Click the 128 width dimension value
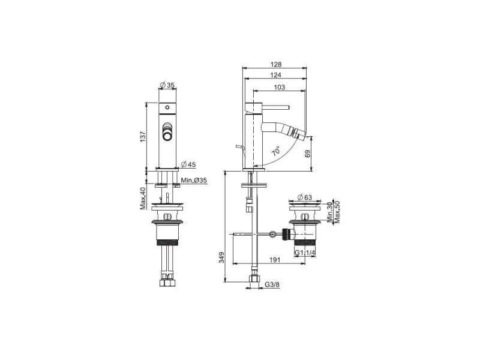click(x=276, y=64)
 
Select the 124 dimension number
click(x=276, y=74)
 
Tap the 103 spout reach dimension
click(x=279, y=87)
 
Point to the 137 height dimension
click(x=143, y=137)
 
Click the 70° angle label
click(x=276, y=151)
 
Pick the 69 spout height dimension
click(x=308, y=154)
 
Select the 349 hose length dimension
click(x=221, y=257)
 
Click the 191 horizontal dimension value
click(x=275, y=260)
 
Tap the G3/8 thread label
click(x=272, y=284)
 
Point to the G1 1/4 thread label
click(x=305, y=253)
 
